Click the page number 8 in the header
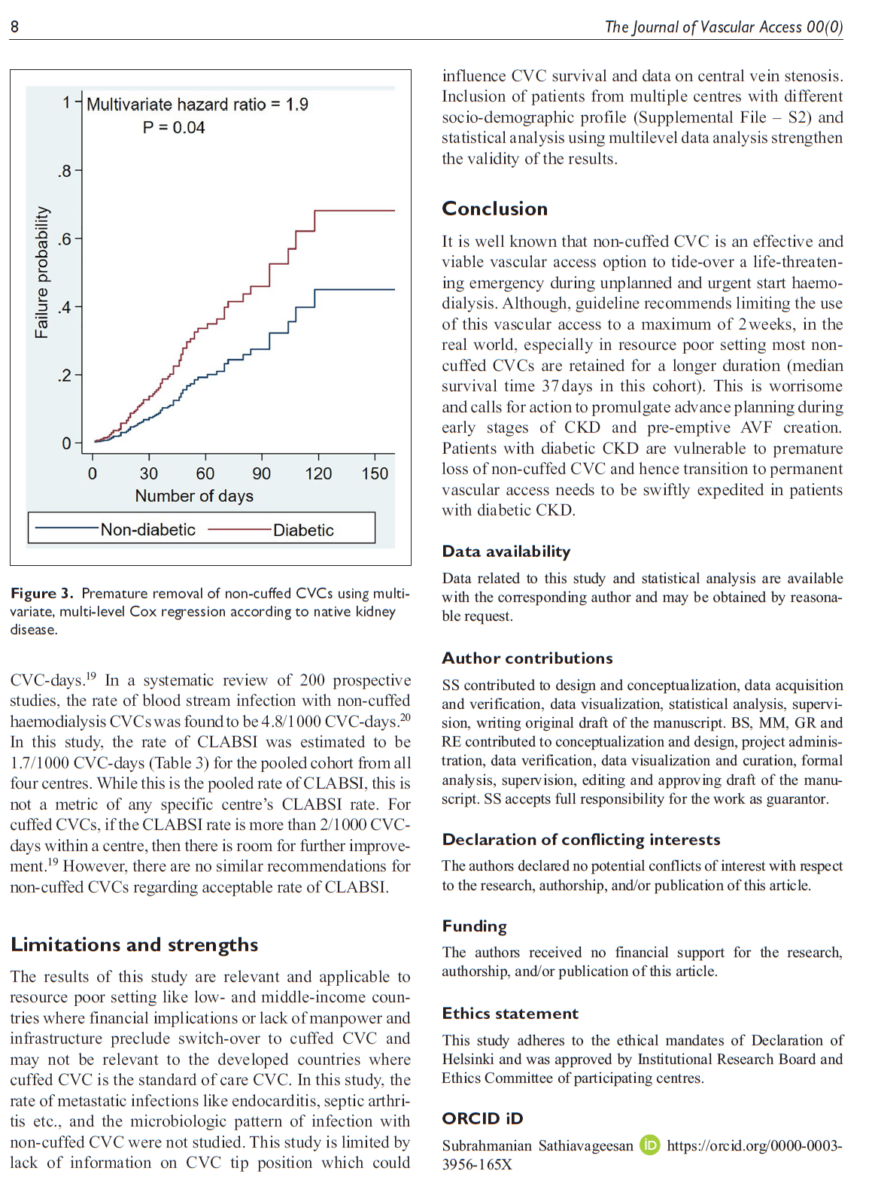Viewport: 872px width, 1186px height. (14, 27)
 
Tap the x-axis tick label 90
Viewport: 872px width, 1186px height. (261, 473)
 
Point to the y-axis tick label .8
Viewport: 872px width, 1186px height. (65, 172)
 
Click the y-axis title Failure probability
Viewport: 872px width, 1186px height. (42, 272)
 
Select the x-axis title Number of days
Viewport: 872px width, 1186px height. (194, 496)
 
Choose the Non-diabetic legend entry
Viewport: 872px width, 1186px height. (147, 530)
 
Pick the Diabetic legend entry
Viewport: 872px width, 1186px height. (303, 530)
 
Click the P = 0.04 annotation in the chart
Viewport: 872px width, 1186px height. (174, 128)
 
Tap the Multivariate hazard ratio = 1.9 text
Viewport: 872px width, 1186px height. (197, 105)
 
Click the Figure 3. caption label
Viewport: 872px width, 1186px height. (42, 594)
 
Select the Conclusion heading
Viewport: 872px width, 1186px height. (494, 208)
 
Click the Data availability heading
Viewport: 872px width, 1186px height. (506, 552)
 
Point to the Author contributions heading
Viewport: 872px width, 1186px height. (527, 658)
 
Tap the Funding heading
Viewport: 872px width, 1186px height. (474, 926)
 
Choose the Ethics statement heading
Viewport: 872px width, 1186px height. (510, 1014)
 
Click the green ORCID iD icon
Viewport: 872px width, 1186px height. (649, 1145)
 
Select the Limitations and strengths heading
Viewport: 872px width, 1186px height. (134, 944)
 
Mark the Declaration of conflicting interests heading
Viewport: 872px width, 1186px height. (581, 840)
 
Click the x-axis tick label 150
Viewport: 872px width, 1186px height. (375, 473)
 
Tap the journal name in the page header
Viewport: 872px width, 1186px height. (723, 27)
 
